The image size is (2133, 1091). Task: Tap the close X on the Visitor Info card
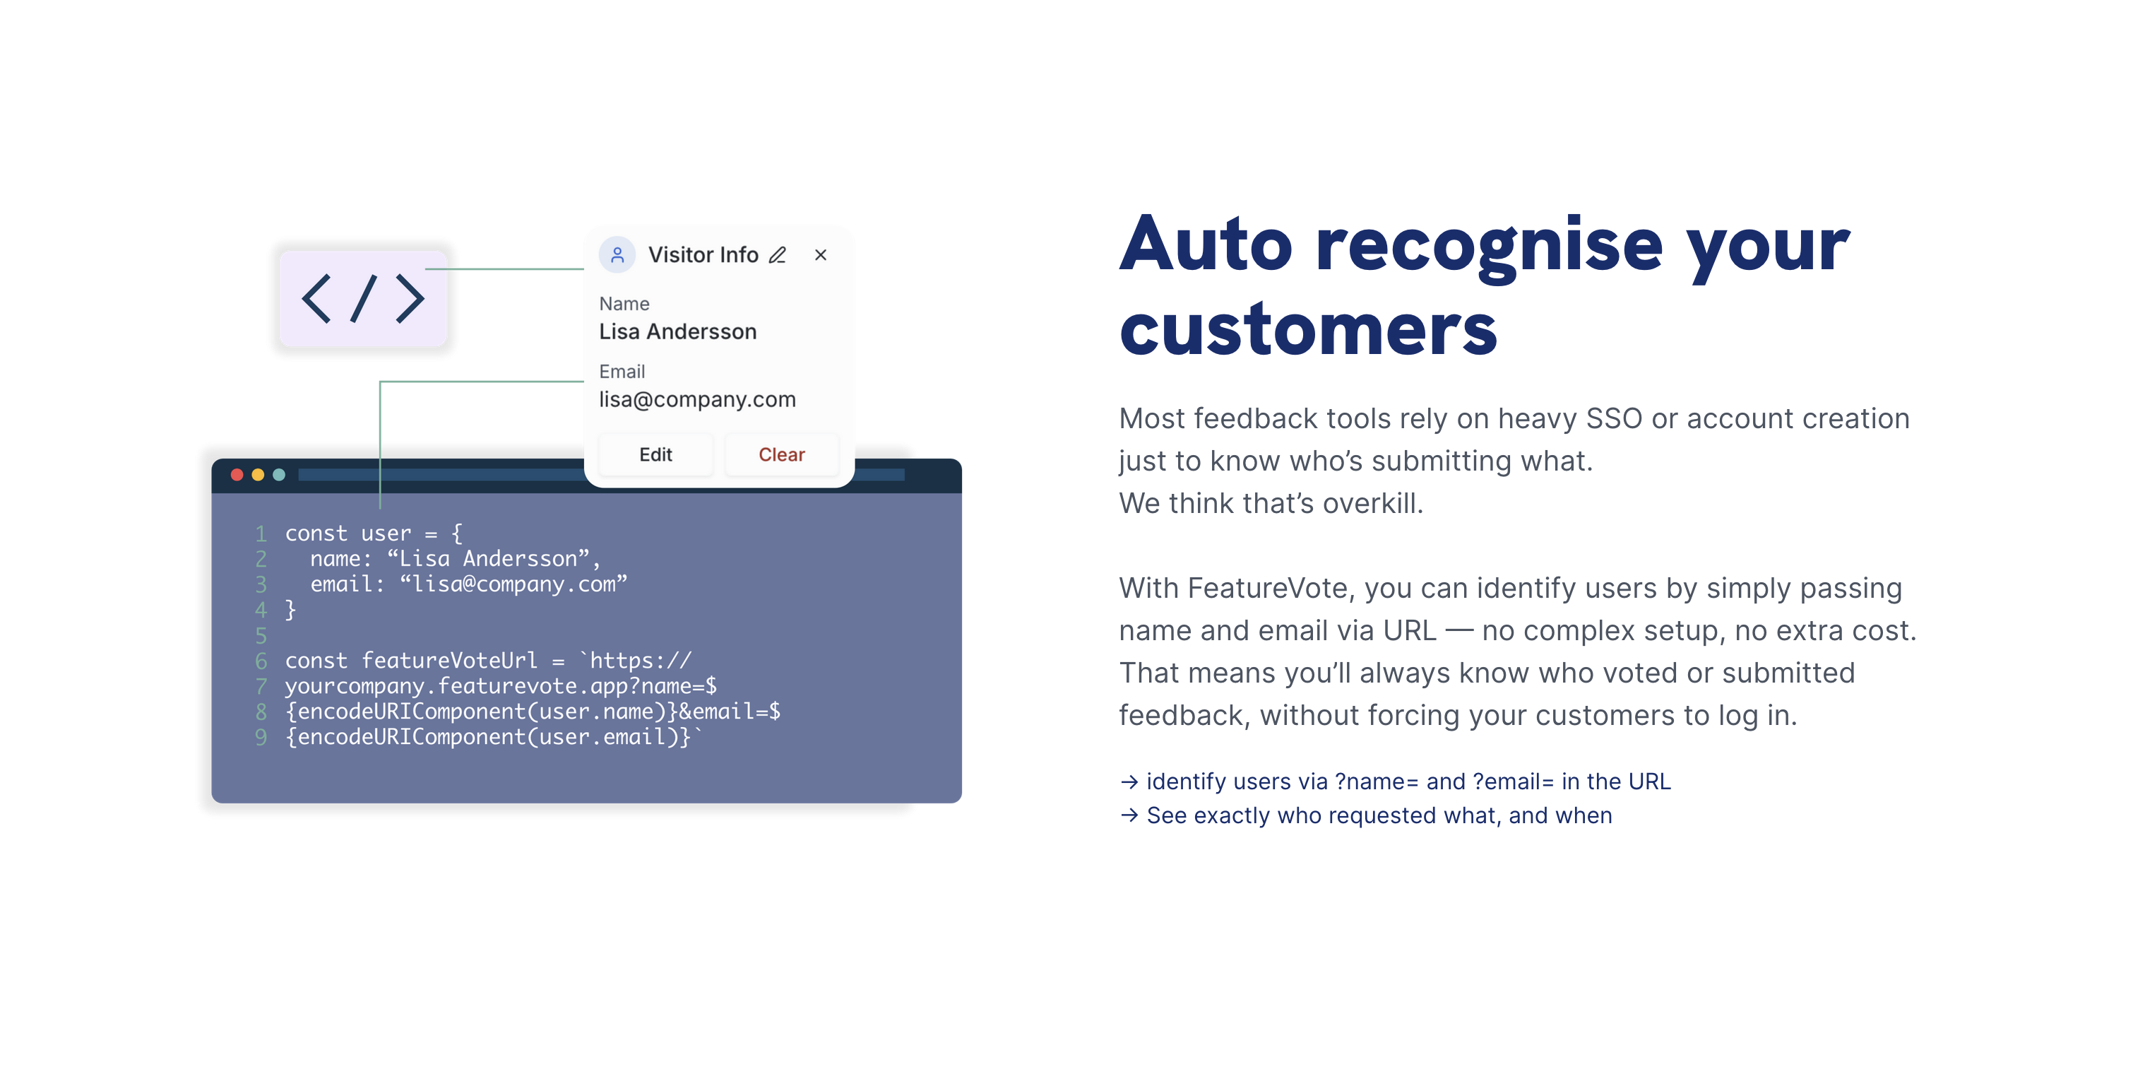click(x=821, y=255)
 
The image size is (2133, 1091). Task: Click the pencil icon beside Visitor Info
click(x=778, y=255)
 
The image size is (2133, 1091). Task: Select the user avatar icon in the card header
click(x=617, y=254)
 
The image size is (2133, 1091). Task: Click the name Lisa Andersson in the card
click(x=677, y=331)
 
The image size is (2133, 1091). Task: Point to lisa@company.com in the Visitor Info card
click(x=697, y=399)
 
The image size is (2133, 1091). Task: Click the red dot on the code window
click(x=237, y=475)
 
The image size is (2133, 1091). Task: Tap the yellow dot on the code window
click(x=258, y=475)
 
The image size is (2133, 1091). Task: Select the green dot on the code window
click(x=279, y=475)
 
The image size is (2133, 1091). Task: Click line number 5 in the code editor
click(x=261, y=635)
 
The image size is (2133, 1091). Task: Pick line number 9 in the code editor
click(x=261, y=736)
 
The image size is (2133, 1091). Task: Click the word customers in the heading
click(x=1308, y=330)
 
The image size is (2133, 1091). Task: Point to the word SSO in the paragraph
click(x=1613, y=419)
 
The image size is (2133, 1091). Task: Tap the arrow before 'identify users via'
click(x=1129, y=782)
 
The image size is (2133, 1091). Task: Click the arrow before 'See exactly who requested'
click(x=1129, y=815)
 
